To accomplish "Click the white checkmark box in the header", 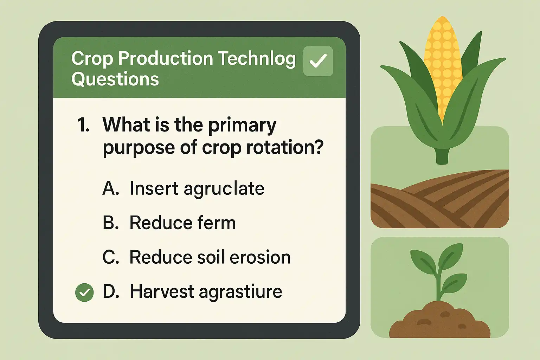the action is [x=318, y=61].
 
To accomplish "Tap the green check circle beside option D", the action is [x=84, y=292].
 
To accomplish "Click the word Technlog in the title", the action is [x=257, y=59].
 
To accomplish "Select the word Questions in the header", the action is [x=115, y=79].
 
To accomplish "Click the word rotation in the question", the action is [x=284, y=147].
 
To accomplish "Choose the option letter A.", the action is [x=111, y=188].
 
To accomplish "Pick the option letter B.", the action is [x=111, y=222].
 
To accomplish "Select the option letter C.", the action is [x=111, y=257].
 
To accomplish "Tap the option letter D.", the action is [x=111, y=291].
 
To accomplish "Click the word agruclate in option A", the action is [x=224, y=189].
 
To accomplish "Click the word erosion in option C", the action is [x=260, y=257].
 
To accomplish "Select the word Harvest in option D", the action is [x=162, y=291].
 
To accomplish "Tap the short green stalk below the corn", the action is [x=442, y=156].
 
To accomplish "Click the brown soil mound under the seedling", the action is [x=440, y=320].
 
